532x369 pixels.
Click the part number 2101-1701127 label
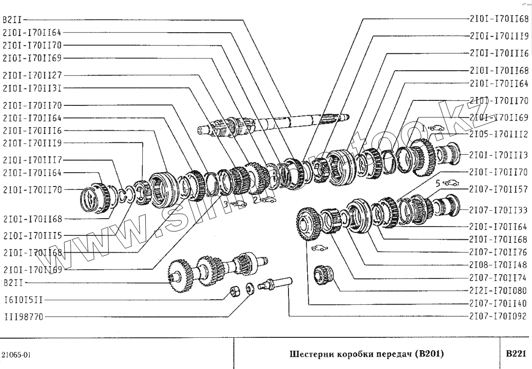pyautogui.click(x=32, y=76)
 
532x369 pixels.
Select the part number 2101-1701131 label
pyautogui.click(x=32, y=89)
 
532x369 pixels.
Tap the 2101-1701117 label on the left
pyautogui.click(x=32, y=160)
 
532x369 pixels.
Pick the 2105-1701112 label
pyautogui.click(x=498, y=134)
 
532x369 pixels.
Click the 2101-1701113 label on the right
pyautogui.click(x=498, y=155)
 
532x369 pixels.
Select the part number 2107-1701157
pyautogui.click(x=498, y=189)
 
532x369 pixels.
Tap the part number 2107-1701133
pyautogui.click(x=498, y=210)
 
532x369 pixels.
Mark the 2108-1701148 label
pyautogui.click(x=498, y=264)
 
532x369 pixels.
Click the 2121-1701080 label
pyautogui.click(x=498, y=290)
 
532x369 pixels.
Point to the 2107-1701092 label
pyautogui.click(x=498, y=316)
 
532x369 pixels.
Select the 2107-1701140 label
pyautogui.click(x=498, y=303)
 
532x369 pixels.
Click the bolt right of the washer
pyautogui.click(x=279, y=283)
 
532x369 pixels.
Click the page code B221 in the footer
pyautogui.click(x=516, y=354)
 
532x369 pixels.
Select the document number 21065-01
pyautogui.click(x=16, y=355)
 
